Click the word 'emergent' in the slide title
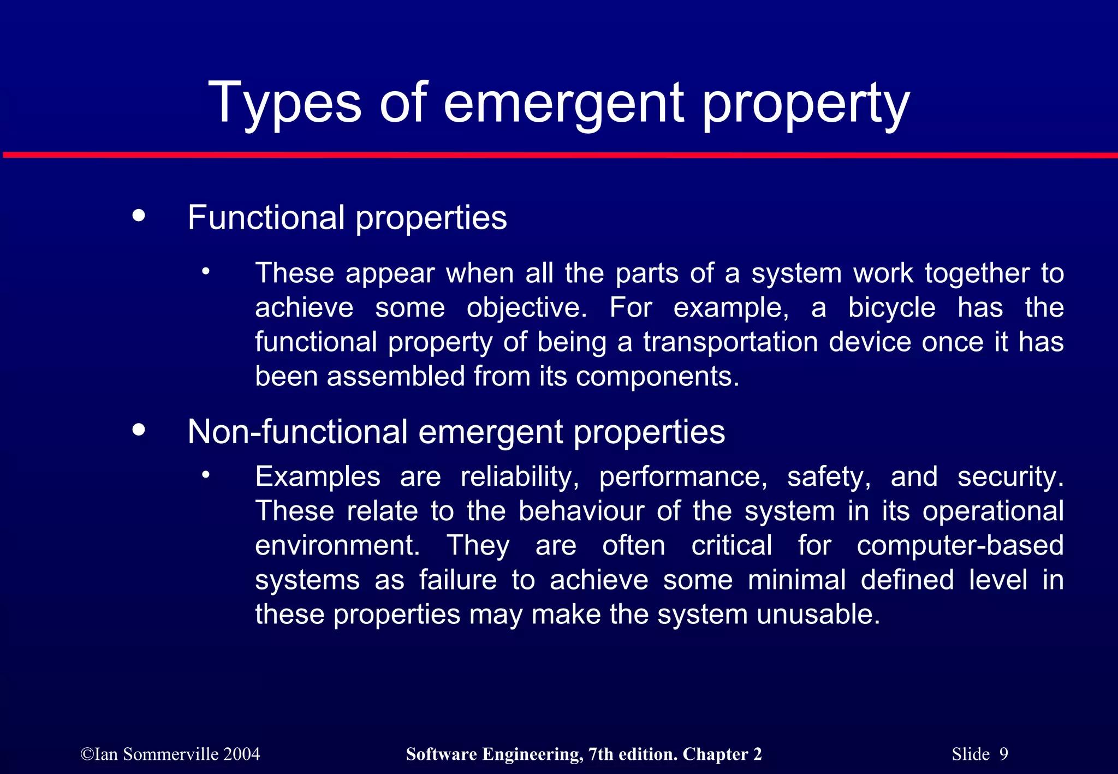coord(563,103)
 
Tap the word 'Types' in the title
coord(284,103)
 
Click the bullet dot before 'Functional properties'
coord(139,215)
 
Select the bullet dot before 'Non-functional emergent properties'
coord(139,430)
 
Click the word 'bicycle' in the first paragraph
coord(892,308)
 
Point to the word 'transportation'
coord(730,342)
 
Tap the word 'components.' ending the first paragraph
coord(657,377)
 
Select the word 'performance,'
coord(683,477)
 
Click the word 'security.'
coord(1010,477)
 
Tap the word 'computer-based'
coord(960,545)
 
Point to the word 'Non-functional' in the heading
coord(297,432)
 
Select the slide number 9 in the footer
coord(1003,754)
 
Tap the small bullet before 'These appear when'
coord(205,271)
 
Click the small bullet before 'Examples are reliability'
coord(205,475)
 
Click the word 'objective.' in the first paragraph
coord(527,308)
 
